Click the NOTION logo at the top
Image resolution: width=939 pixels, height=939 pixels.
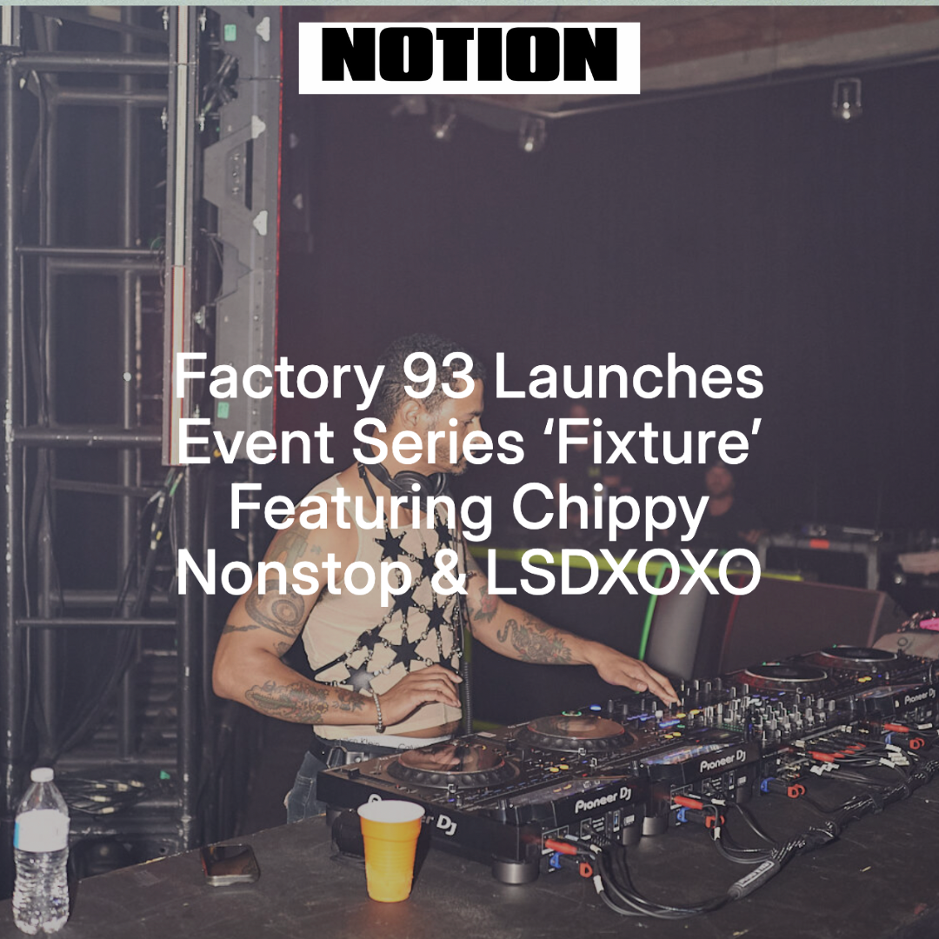point(469,57)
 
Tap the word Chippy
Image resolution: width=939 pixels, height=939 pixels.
point(609,510)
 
